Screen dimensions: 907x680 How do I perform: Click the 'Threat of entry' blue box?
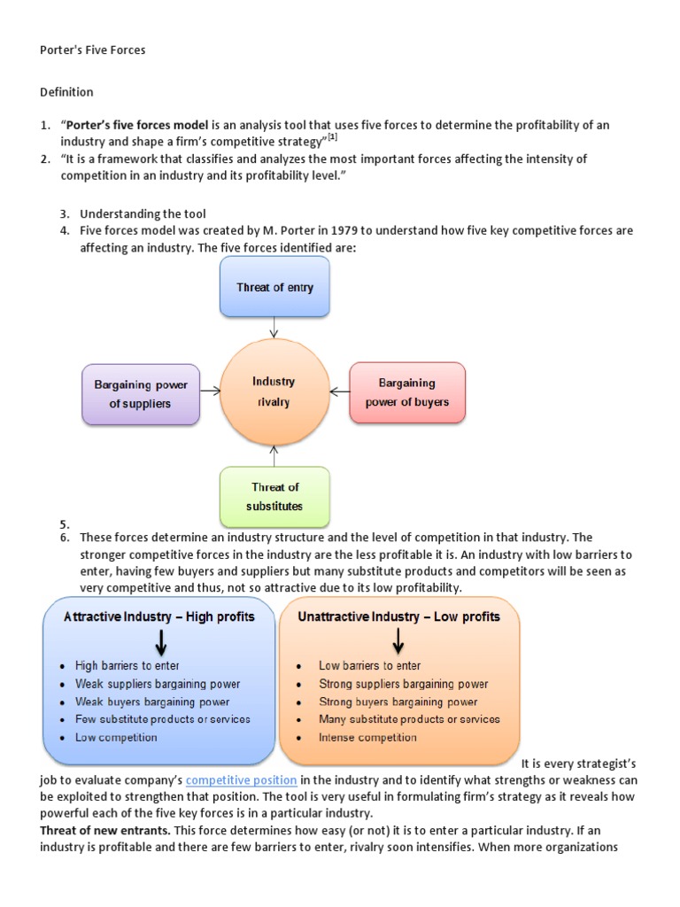coord(274,287)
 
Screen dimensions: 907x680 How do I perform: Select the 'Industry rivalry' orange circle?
coord(274,391)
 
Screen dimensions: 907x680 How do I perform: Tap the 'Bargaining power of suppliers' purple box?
coord(140,394)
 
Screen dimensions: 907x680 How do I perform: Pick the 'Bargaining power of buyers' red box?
coord(407,392)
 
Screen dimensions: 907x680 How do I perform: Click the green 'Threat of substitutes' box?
coord(274,497)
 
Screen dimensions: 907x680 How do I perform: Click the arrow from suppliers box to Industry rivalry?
coord(212,391)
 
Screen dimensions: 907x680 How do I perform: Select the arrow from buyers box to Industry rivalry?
coord(336,391)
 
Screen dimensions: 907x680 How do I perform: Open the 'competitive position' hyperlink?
coord(242,779)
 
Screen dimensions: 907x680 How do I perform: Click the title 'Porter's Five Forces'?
coord(92,50)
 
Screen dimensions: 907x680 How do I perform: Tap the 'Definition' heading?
coord(66,92)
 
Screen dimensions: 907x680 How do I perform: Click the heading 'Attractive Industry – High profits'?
coord(159,616)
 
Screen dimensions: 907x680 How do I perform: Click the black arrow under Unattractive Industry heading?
coord(399,640)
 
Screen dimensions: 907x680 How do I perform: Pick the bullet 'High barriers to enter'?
coord(124,666)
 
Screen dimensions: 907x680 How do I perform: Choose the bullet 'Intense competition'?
coord(367,737)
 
